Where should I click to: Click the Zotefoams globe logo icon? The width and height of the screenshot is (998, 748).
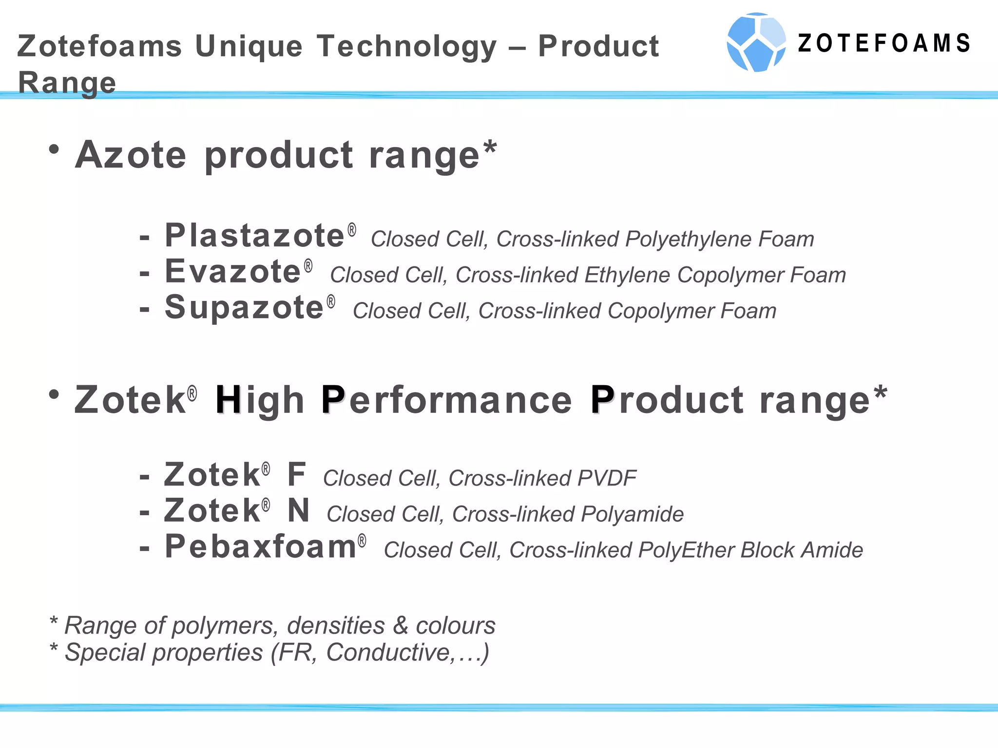coord(756,43)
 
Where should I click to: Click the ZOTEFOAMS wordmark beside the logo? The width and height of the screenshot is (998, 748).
coord(883,43)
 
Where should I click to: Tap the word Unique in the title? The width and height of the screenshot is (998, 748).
coord(249,47)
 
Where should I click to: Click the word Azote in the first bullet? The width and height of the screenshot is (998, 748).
coord(131,155)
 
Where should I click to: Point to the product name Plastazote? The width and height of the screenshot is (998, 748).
coord(255,236)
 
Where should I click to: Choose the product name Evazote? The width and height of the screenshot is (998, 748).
coord(233,272)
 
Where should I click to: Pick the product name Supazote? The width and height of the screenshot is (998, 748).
coord(244,308)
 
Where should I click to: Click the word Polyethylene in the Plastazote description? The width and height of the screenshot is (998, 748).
coord(687,239)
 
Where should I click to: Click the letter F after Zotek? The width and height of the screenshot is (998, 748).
coord(296,474)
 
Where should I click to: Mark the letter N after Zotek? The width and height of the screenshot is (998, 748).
coord(298,510)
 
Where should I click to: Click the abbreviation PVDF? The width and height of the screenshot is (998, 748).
coord(607,478)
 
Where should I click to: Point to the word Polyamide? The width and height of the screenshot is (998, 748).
coord(632,514)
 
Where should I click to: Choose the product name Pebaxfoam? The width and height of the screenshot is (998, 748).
coord(261,546)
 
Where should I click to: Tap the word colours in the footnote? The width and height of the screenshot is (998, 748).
coord(455,626)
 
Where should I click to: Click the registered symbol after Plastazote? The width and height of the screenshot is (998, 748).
coord(352,229)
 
